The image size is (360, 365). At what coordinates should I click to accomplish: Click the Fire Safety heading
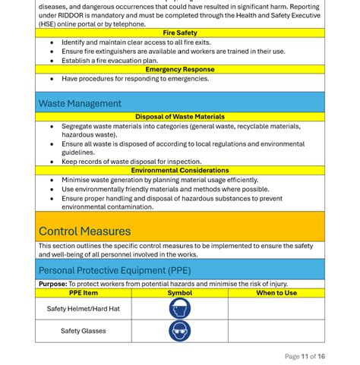click(x=180, y=33)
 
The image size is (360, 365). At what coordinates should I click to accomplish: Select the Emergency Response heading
click(x=180, y=69)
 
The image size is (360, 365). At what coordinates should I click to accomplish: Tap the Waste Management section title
click(x=80, y=103)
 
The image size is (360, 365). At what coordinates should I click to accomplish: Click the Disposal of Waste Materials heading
click(x=180, y=117)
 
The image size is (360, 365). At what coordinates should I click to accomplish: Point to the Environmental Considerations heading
click(x=180, y=171)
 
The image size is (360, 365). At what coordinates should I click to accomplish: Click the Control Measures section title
click(x=84, y=231)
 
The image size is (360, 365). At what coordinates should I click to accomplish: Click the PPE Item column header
click(x=84, y=293)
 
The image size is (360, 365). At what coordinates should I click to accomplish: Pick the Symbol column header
click(x=180, y=293)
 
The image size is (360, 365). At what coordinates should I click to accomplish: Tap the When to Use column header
click(x=276, y=293)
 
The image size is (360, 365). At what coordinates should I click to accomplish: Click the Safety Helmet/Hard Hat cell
click(x=84, y=309)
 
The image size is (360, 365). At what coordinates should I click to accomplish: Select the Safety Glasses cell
click(x=84, y=331)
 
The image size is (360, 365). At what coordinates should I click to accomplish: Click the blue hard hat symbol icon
click(x=180, y=309)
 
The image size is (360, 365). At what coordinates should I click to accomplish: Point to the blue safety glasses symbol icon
click(x=180, y=331)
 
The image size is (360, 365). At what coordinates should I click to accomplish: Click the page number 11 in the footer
click(x=305, y=356)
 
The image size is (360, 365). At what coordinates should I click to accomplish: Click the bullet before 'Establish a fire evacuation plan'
click(x=52, y=61)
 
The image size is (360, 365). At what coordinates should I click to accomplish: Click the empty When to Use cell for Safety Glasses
click(x=276, y=331)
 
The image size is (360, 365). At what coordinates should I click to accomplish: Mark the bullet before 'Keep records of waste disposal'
click(x=52, y=162)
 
